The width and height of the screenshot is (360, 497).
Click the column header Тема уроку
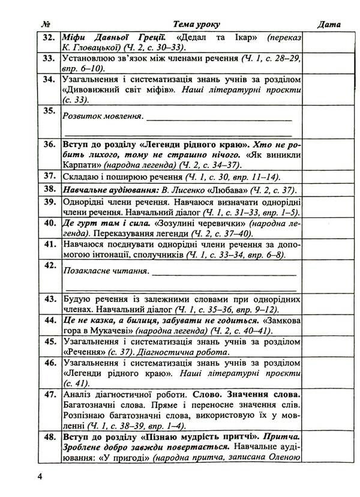[196, 25]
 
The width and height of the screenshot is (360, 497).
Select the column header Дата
[328, 25]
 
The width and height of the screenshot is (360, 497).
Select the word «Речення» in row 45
[83, 353]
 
